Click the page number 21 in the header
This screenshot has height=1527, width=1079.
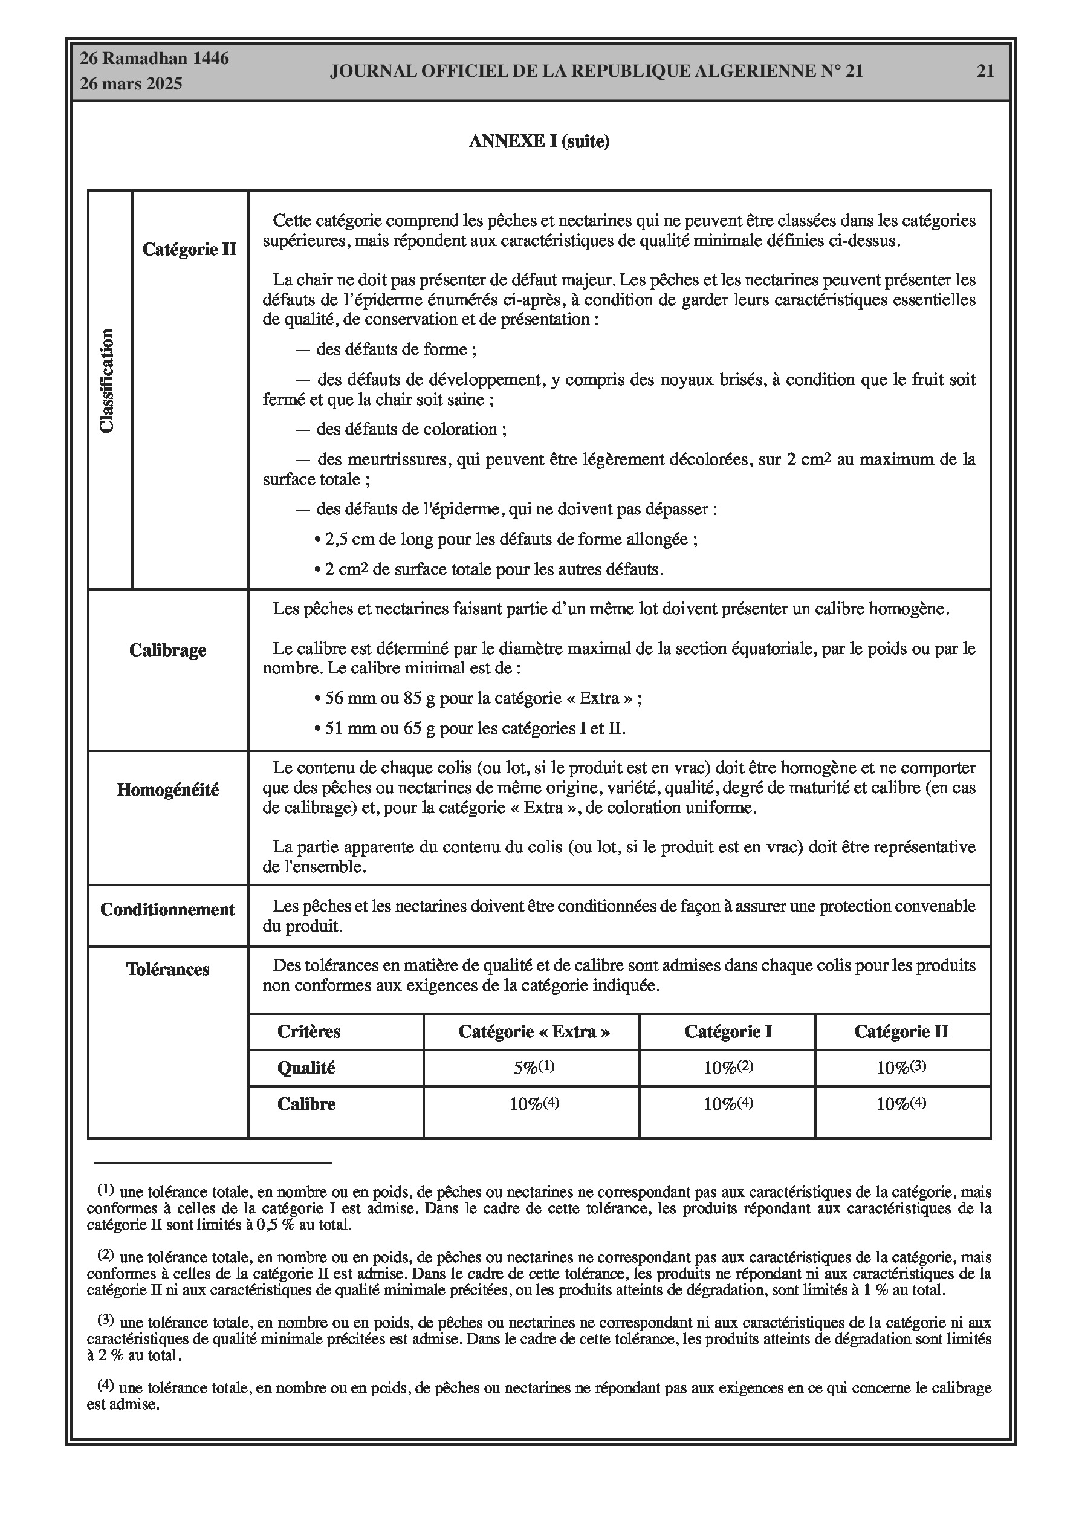(985, 71)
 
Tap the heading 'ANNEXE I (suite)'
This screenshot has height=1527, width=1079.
(539, 141)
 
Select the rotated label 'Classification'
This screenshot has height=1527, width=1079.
(107, 381)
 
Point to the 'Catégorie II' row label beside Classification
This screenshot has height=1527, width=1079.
(190, 250)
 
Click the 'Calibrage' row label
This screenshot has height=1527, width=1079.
(167, 650)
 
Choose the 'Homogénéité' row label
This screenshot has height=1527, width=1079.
(167, 789)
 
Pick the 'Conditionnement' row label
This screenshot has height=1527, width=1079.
(167, 909)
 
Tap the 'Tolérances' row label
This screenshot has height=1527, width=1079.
(167, 969)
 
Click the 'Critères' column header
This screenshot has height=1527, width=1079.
(309, 1031)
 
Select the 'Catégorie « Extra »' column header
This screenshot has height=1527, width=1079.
(534, 1031)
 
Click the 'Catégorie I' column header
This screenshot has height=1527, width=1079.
(728, 1031)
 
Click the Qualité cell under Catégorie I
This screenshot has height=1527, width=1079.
(728, 1068)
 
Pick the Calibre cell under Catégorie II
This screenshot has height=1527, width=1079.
(901, 1103)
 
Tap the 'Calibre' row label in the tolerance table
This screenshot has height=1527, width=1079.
(306, 1104)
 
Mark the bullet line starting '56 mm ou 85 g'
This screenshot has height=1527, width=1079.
(477, 698)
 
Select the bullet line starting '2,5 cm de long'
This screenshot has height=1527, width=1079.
(505, 539)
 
